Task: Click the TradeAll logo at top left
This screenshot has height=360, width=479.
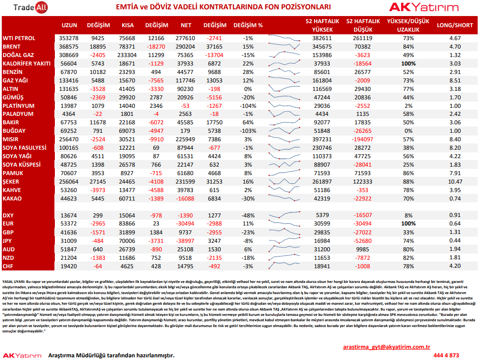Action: (x=30, y=7)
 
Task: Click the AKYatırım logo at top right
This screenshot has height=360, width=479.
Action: (x=424, y=7)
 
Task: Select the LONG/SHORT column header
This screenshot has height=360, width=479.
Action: (x=454, y=25)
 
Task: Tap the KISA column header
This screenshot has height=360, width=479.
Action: (x=128, y=25)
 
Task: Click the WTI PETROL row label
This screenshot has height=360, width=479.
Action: (x=19, y=38)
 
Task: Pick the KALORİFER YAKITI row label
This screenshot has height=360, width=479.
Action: (x=27, y=63)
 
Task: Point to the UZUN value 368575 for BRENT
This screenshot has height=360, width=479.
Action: (x=69, y=47)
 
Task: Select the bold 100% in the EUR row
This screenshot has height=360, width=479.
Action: (x=408, y=224)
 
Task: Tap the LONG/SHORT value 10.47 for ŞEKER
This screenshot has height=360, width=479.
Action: (x=455, y=181)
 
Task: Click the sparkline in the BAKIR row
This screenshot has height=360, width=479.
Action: (x=285, y=122)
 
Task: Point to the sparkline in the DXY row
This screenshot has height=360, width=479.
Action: (x=285, y=214)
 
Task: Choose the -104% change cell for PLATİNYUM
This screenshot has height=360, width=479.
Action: (x=248, y=106)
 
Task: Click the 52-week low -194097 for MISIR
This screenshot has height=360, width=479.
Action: (x=363, y=139)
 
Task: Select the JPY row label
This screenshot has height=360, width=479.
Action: (x=7, y=241)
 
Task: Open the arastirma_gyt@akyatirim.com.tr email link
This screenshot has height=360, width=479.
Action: (x=386, y=347)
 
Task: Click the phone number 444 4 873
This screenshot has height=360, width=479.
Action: (x=446, y=356)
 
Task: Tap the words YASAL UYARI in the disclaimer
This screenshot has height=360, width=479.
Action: (x=14, y=282)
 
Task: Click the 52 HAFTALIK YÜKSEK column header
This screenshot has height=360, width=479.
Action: (x=322, y=25)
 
